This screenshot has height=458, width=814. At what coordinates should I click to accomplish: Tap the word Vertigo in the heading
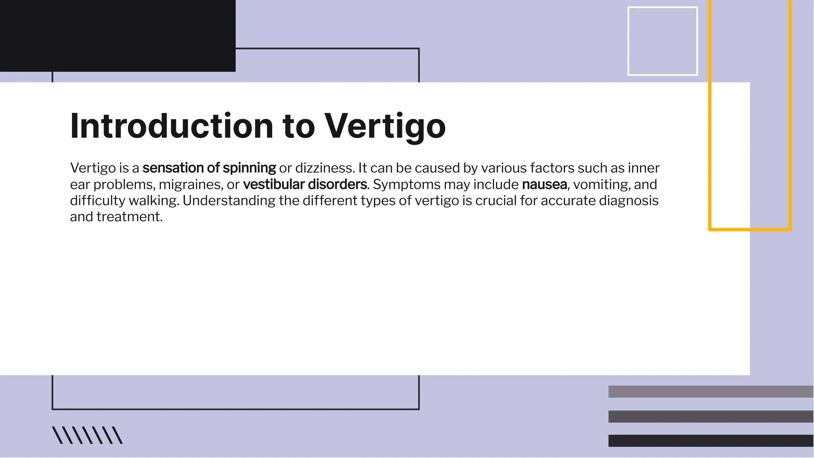pos(385,126)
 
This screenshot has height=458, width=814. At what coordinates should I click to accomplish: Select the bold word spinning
pos(249,168)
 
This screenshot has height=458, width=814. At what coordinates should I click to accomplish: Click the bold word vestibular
pos(274,184)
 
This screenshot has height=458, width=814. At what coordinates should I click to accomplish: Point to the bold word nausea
pos(544,184)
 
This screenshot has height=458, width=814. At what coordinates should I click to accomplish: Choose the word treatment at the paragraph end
pos(130,217)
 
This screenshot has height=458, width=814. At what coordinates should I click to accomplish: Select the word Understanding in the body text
pos(229,201)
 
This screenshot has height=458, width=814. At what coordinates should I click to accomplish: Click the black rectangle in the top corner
pos(118,36)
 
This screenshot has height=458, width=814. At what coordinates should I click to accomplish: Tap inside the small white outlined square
pos(663,41)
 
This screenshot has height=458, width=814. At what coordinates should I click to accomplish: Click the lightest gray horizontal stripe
pos(711,391)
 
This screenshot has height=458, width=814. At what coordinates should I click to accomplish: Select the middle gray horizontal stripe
pos(711,416)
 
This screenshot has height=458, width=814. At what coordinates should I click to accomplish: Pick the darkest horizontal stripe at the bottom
pos(711,441)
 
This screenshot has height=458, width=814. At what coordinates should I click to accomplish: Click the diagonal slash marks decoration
pos(87,435)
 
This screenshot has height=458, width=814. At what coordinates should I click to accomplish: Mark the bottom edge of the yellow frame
pos(750,229)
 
